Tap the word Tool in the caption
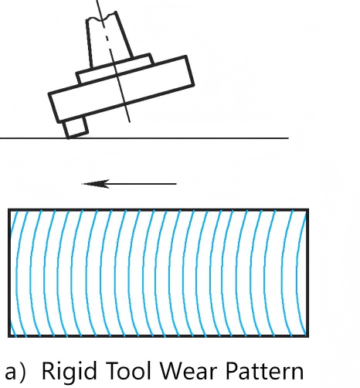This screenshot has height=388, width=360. pos(128,370)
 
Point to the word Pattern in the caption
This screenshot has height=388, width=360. pos(264,371)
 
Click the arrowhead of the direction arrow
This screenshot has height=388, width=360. pos(95,184)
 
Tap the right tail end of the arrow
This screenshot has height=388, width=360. pos(176,184)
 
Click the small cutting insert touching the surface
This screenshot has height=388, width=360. pos(76,128)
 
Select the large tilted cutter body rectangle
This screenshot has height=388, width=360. pos(121,89)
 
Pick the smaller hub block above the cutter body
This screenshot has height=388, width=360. pos(115,69)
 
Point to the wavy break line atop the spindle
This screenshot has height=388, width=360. pos(102,16)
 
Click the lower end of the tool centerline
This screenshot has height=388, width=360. pos(130,122)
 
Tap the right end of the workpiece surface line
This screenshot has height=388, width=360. pos(288,138)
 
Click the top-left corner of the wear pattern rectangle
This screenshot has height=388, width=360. pos(9,210)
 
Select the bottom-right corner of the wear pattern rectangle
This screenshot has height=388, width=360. pos(307,335)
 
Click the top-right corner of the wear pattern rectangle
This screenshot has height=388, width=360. pos(307,210)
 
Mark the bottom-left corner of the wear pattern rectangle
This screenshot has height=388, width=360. pos(9,335)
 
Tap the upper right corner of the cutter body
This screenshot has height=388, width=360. pos(186,56)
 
